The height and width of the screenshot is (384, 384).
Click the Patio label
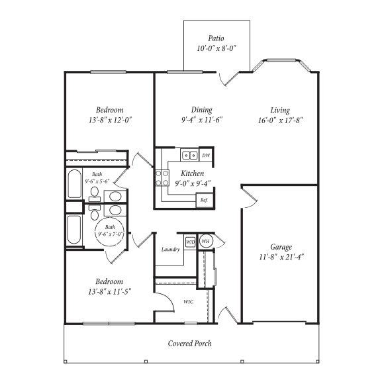point(216,38)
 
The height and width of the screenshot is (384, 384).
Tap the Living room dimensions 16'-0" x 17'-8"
point(281,120)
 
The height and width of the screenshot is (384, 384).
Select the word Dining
point(202,110)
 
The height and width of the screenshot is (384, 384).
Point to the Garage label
point(281,247)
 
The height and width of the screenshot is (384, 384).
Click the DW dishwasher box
point(206,155)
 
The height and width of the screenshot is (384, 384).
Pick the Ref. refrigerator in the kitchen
point(205,201)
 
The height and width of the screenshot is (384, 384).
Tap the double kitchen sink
point(190,155)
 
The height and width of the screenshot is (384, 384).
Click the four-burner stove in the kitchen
point(162,178)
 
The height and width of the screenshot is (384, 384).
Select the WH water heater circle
point(205,241)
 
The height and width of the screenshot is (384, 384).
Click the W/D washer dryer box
point(190,242)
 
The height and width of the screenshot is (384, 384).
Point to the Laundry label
point(171,250)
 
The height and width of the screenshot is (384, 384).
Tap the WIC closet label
point(188,302)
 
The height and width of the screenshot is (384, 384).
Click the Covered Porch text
point(190,344)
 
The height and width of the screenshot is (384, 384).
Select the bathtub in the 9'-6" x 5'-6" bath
point(74,183)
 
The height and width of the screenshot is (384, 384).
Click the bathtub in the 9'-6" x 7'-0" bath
point(74,230)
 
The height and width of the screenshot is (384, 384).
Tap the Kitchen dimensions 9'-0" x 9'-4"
point(193,183)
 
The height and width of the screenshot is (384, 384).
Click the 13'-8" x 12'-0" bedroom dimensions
point(110,120)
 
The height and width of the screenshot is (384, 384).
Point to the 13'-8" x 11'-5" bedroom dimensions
point(110,292)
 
